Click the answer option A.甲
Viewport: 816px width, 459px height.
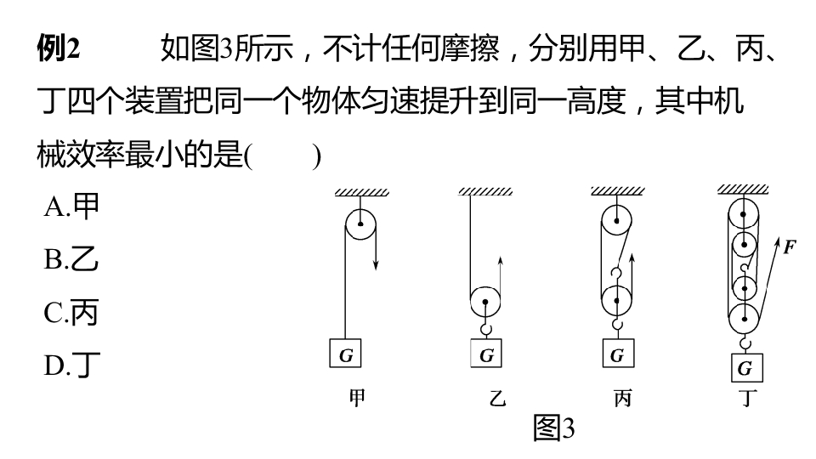pyautogui.click(x=71, y=207)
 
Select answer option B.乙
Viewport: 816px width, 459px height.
pyautogui.click(x=71, y=258)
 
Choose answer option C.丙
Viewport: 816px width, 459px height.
pyautogui.click(x=71, y=313)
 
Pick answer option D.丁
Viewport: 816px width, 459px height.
pyautogui.click(x=71, y=365)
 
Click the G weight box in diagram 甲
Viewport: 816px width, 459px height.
pyautogui.click(x=346, y=354)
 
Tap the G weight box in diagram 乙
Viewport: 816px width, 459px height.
pyautogui.click(x=486, y=354)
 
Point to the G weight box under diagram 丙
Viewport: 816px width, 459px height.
pyautogui.click(x=618, y=354)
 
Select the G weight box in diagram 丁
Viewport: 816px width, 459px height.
pyautogui.click(x=747, y=367)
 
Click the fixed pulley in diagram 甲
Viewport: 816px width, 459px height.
pyautogui.click(x=360, y=224)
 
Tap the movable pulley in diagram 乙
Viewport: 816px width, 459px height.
pyautogui.click(x=485, y=302)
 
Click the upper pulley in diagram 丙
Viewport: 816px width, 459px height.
pyautogui.click(x=617, y=221)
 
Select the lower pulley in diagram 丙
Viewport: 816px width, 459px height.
pyautogui.click(x=617, y=301)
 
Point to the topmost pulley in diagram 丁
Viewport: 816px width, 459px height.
pyautogui.click(x=743, y=214)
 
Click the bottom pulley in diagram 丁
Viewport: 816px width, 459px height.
pyautogui.click(x=744, y=319)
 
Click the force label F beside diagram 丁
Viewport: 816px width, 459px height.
pyautogui.click(x=790, y=246)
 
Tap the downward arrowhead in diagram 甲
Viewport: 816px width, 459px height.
pyautogui.click(x=376, y=264)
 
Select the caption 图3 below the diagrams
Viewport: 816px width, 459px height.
pyautogui.click(x=554, y=428)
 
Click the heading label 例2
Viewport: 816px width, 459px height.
pyautogui.click(x=59, y=48)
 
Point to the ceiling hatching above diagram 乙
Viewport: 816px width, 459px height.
pyautogui.click(x=485, y=191)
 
